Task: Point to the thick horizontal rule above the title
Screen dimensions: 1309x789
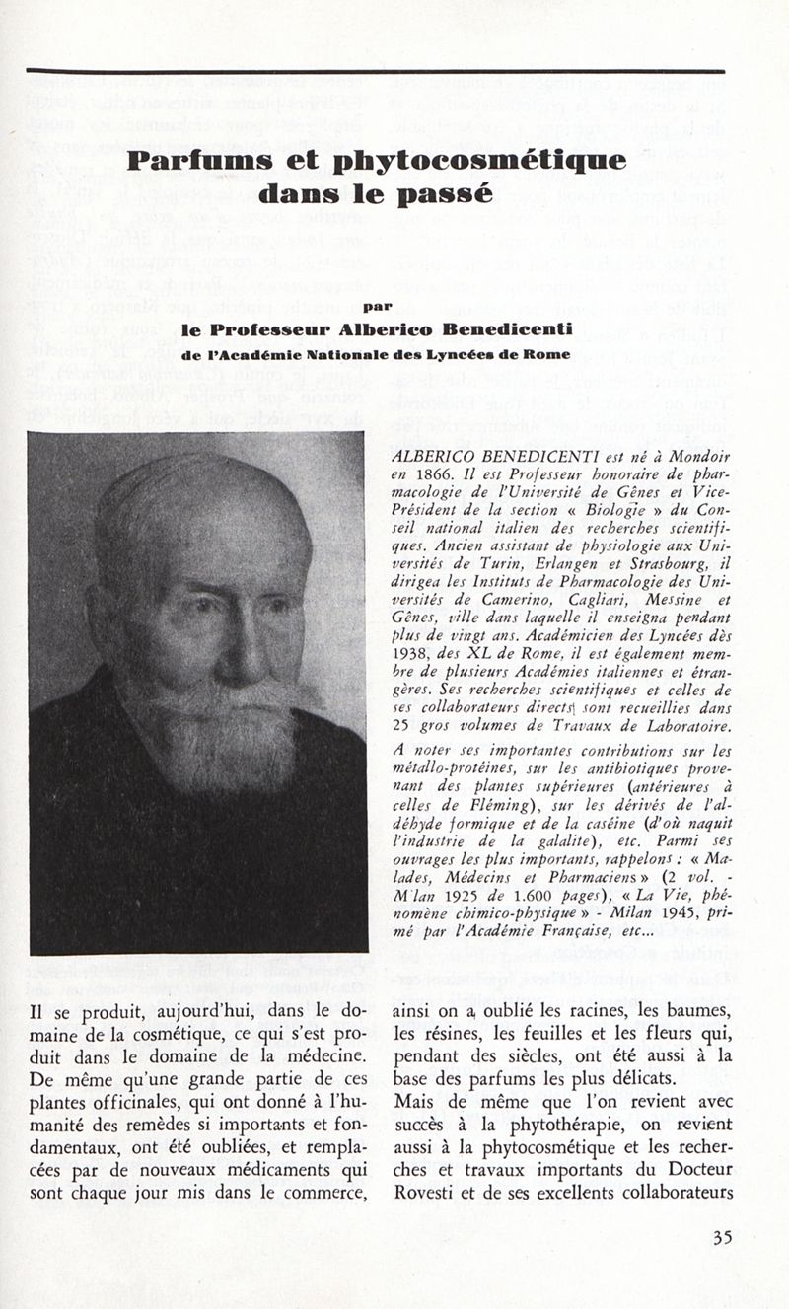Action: coord(375,71)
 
